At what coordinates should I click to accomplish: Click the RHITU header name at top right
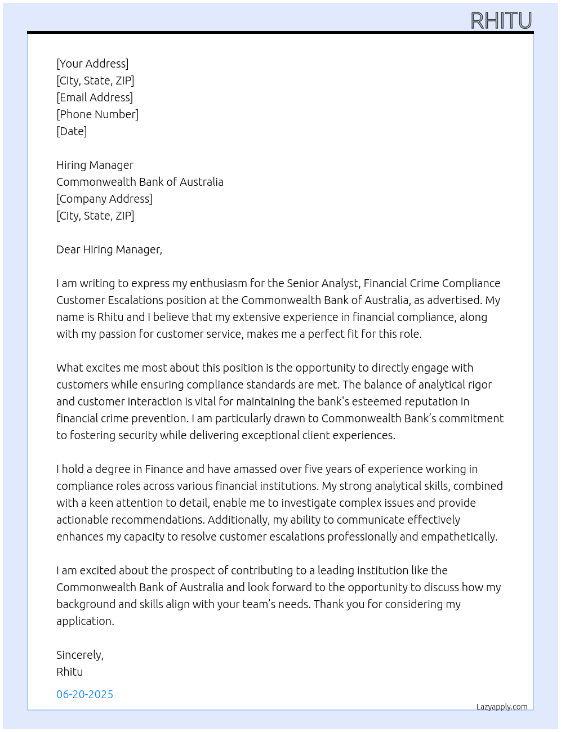tap(501, 21)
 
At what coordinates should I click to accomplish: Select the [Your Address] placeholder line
tap(92, 64)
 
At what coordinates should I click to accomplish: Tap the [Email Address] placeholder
tap(95, 97)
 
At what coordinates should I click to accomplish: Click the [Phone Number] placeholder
tap(97, 114)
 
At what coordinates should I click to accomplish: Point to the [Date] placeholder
tap(72, 131)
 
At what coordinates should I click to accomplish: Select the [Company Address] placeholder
tap(104, 199)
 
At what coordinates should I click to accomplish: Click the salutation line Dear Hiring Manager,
tap(109, 249)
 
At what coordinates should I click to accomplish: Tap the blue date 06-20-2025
tap(84, 694)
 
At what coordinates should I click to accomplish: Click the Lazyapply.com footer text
tap(502, 707)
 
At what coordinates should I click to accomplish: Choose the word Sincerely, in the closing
tap(80, 655)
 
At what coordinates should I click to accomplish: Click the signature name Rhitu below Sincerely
tap(69, 672)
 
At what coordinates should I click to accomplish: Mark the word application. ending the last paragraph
tap(85, 621)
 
